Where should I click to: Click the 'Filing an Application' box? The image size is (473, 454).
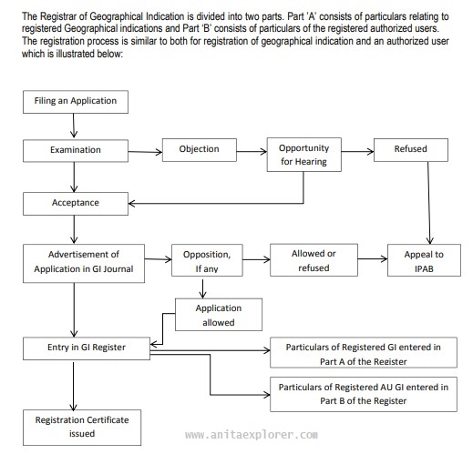point(75,101)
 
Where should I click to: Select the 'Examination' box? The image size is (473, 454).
point(75,149)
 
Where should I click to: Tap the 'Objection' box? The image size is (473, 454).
point(198,149)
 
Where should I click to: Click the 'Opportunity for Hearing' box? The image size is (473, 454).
point(303,155)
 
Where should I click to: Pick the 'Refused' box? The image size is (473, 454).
point(409,149)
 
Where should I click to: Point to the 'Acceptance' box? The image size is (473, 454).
point(75,202)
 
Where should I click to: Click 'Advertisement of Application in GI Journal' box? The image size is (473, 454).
point(82,260)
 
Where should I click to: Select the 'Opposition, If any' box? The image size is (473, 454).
point(205,260)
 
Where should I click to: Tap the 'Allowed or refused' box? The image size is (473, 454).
point(313,260)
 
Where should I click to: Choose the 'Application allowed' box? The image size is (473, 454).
point(214,315)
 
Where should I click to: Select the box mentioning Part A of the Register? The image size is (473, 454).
point(364,354)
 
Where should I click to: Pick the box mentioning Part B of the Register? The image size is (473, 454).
point(364,393)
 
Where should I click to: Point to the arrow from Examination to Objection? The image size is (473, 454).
point(144,149)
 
